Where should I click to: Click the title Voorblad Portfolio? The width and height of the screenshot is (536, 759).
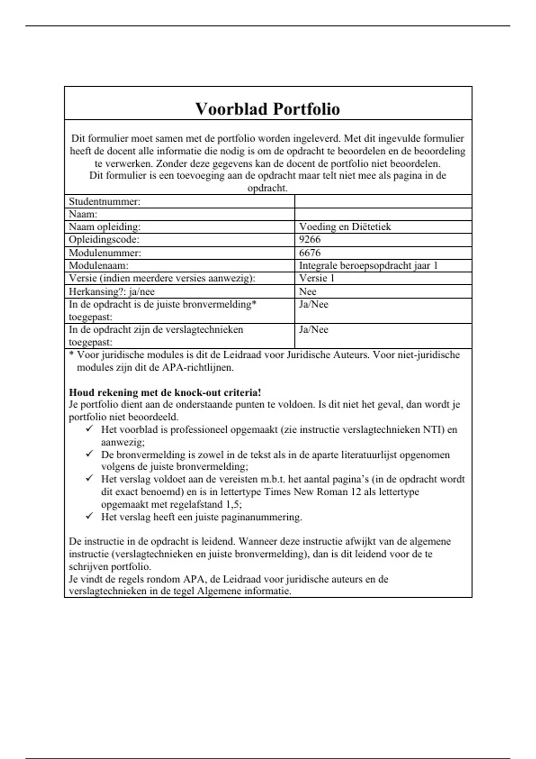tap(268, 109)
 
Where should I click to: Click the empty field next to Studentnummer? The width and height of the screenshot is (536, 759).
tap(383, 201)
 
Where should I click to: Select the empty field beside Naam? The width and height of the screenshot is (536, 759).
tap(383, 214)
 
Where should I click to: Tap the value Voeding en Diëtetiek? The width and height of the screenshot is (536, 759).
tap(345, 227)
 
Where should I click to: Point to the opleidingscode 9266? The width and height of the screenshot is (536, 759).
tap(310, 239)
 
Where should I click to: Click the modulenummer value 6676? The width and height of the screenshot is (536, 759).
tap(310, 253)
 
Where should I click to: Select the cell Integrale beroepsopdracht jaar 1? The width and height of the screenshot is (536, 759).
tap(368, 266)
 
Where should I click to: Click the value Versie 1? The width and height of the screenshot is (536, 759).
tap(316, 278)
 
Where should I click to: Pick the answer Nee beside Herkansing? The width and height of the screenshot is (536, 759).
tap(307, 292)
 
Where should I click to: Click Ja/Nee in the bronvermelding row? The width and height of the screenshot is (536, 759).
tap(313, 304)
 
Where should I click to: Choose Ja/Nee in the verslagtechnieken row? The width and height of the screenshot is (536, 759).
tap(313, 329)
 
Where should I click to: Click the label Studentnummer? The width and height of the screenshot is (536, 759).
tap(105, 201)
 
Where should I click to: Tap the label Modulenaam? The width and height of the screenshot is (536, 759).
tap(98, 266)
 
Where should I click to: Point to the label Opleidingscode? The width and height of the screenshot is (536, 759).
tap(104, 239)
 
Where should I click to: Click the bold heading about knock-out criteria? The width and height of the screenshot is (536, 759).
tap(165, 392)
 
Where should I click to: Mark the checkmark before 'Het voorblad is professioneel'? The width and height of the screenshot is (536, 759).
tap(89, 429)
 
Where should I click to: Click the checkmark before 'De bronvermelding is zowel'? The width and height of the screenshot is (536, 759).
tap(89, 454)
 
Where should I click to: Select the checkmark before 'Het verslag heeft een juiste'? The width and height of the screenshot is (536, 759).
tap(89, 516)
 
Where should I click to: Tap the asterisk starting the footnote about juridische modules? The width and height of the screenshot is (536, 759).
tap(71, 354)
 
